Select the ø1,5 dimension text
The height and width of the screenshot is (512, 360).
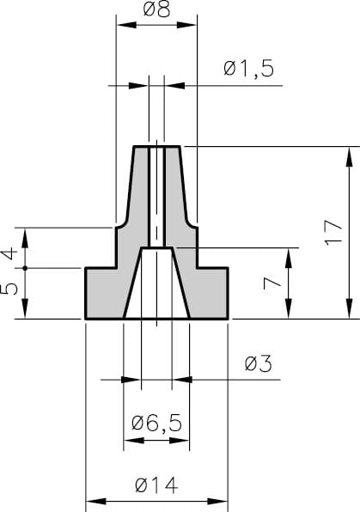point(248,69)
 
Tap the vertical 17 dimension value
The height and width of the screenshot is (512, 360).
point(334,233)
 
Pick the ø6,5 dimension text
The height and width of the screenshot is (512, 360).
point(156,423)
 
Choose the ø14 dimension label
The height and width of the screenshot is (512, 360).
point(156,485)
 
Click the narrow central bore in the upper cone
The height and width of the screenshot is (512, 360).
point(156,198)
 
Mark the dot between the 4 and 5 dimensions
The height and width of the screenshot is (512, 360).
point(26,268)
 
